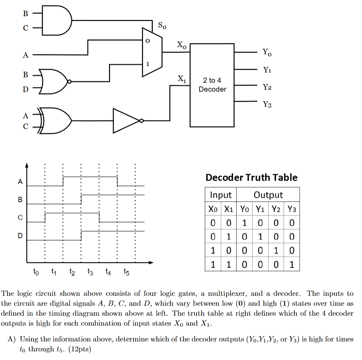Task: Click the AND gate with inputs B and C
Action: click(57, 21)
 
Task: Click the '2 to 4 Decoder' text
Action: click(212, 85)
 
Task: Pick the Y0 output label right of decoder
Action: click(267, 52)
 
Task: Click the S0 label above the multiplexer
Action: click(162, 25)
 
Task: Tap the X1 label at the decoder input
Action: click(182, 79)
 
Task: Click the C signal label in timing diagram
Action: click(20, 217)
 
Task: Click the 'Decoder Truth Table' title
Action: click(251, 177)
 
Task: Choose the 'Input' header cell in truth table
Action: click(221, 195)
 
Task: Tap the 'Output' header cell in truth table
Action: click(268, 195)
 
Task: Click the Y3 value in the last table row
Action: click(291, 265)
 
